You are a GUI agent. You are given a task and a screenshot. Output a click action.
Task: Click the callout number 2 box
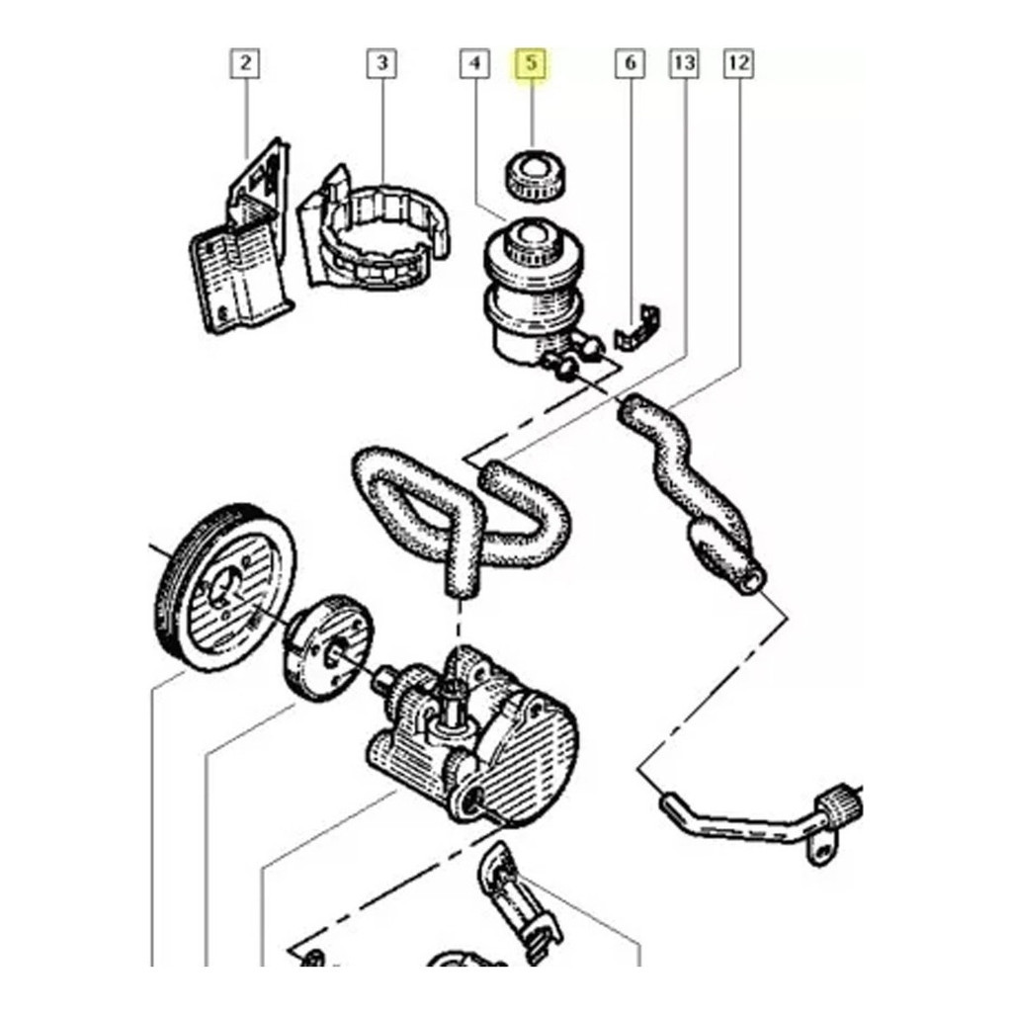(245, 63)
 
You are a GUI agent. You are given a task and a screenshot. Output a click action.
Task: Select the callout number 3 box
(382, 63)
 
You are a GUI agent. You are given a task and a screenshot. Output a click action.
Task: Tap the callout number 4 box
(475, 63)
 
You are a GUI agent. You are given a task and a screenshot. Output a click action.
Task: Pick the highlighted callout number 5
(530, 63)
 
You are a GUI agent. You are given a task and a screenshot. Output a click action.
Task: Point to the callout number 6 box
(630, 63)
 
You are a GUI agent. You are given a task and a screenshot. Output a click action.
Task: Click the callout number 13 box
(685, 63)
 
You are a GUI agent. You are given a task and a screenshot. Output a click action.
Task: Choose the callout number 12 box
(739, 63)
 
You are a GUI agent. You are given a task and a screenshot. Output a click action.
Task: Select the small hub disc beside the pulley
(329, 647)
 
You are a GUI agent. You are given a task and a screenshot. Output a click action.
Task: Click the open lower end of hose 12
(752, 583)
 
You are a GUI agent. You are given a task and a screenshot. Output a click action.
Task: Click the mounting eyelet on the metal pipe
(819, 849)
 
